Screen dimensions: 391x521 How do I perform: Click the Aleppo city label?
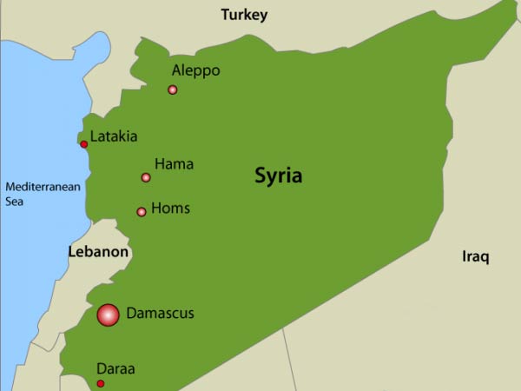(x=195, y=70)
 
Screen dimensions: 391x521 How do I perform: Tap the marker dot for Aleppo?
(x=173, y=89)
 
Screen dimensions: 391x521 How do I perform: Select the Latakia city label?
(x=114, y=136)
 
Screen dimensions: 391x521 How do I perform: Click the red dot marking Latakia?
(x=84, y=144)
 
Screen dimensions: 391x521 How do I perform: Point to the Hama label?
(x=174, y=163)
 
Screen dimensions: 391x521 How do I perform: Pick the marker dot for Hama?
(x=146, y=178)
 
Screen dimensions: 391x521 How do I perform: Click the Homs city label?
(x=170, y=209)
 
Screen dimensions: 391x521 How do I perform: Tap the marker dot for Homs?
(x=142, y=212)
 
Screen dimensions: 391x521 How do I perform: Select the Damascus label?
(x=160, y=313)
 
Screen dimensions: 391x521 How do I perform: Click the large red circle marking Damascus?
(x=108, y=315)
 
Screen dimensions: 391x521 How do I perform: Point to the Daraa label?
(x=115, y=368)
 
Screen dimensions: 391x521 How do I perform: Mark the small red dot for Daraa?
(x=101, y=384)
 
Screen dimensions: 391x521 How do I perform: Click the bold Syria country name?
(x=278, y=176)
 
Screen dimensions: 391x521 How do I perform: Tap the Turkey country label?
(x=244, y=15)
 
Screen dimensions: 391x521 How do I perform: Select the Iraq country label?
(x=476, y=256)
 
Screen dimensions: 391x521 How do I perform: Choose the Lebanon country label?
(x=98, y=252)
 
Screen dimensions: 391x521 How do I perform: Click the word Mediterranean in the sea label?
(x=43, y=186)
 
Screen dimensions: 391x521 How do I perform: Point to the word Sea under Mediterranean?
(x=16, y=201)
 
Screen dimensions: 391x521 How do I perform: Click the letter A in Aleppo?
(x=176, y=70)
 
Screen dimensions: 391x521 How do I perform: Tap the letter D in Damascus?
(x=131, y=313)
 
